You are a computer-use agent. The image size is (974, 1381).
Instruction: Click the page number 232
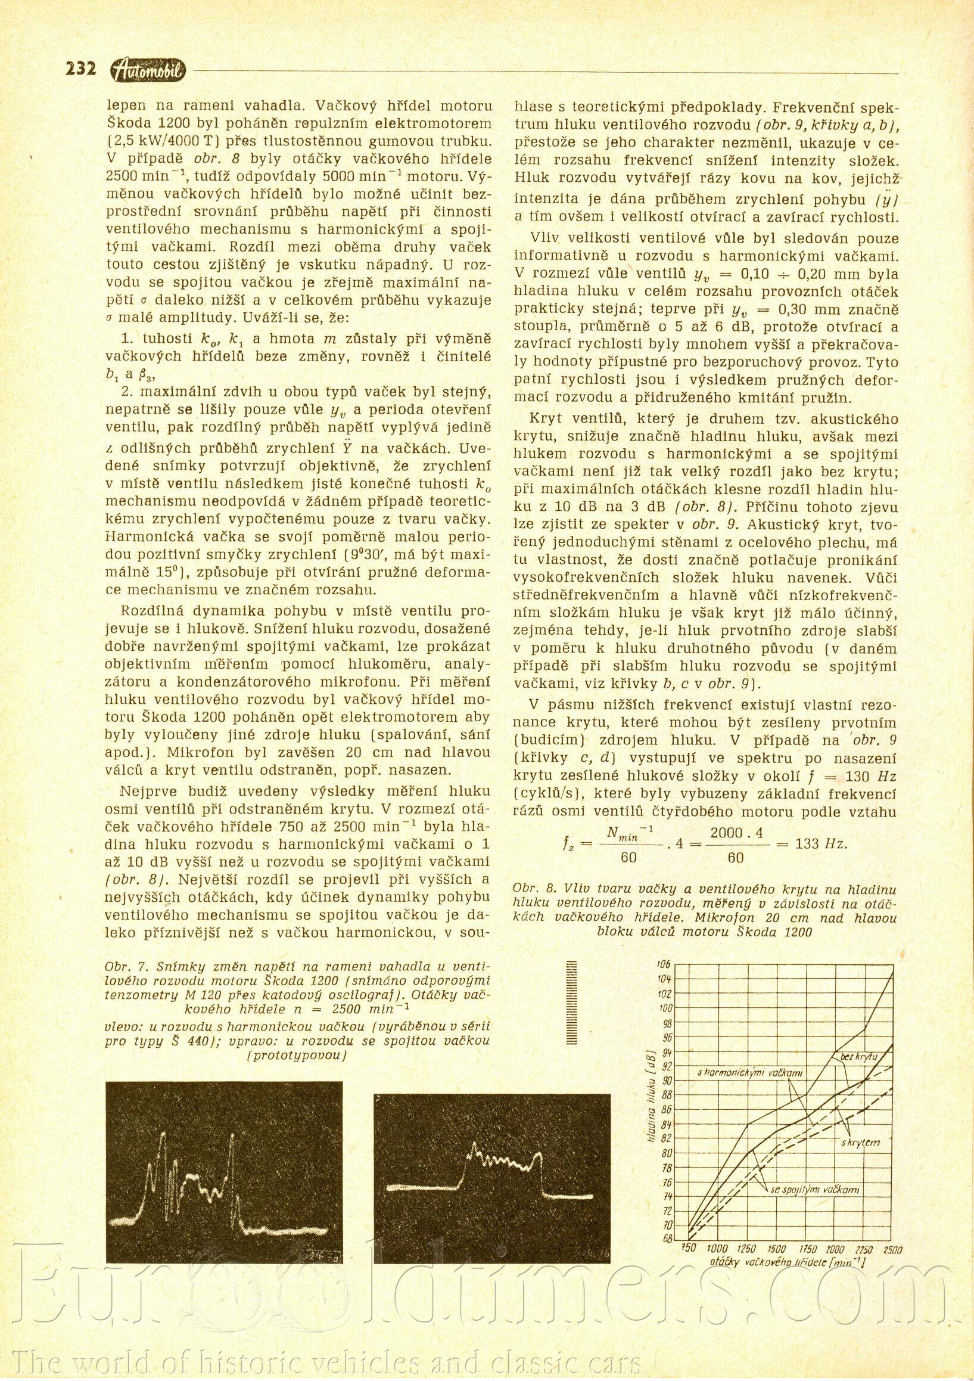pos(80,70)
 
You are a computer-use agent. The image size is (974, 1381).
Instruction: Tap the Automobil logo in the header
pos(148,71)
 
